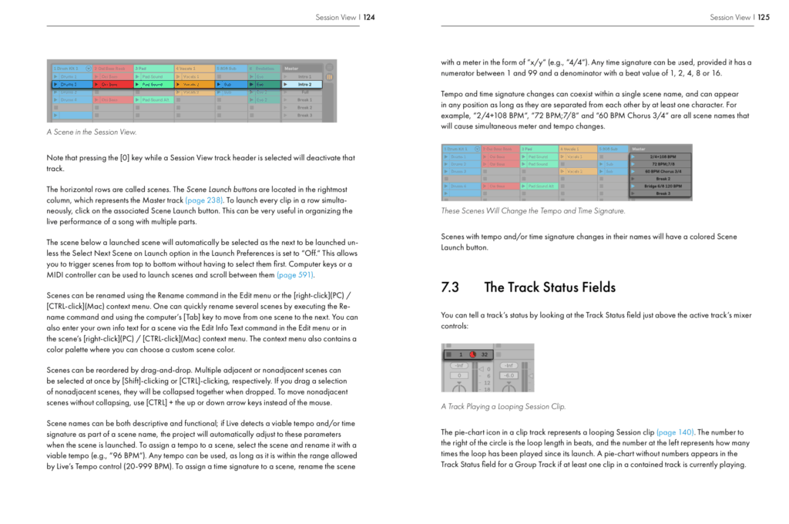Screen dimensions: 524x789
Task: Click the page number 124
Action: pos(368,17)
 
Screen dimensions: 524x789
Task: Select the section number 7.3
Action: pos(450,287)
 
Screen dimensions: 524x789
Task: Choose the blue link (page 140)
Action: pos(675,432)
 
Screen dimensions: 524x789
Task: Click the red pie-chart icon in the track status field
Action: pos(473,354)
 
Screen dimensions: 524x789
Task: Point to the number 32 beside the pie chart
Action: pos(485,354)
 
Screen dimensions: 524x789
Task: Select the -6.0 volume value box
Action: pos(509,375)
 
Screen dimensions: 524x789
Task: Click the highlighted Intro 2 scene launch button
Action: pos(304,84)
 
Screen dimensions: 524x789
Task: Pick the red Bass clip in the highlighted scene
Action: pos(112,84)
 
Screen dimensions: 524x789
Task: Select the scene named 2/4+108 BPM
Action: pos(660,156)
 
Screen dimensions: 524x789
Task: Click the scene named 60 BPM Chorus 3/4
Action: pos(660,171)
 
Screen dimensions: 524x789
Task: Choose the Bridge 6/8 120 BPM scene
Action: pos(660,186)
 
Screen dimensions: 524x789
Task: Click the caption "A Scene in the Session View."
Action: pos(92,133)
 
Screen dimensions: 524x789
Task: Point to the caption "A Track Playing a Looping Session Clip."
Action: pos(503,406)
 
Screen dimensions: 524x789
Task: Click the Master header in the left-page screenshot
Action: pos(292,69)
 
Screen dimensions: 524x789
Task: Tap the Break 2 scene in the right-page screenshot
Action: pos(660,179)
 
